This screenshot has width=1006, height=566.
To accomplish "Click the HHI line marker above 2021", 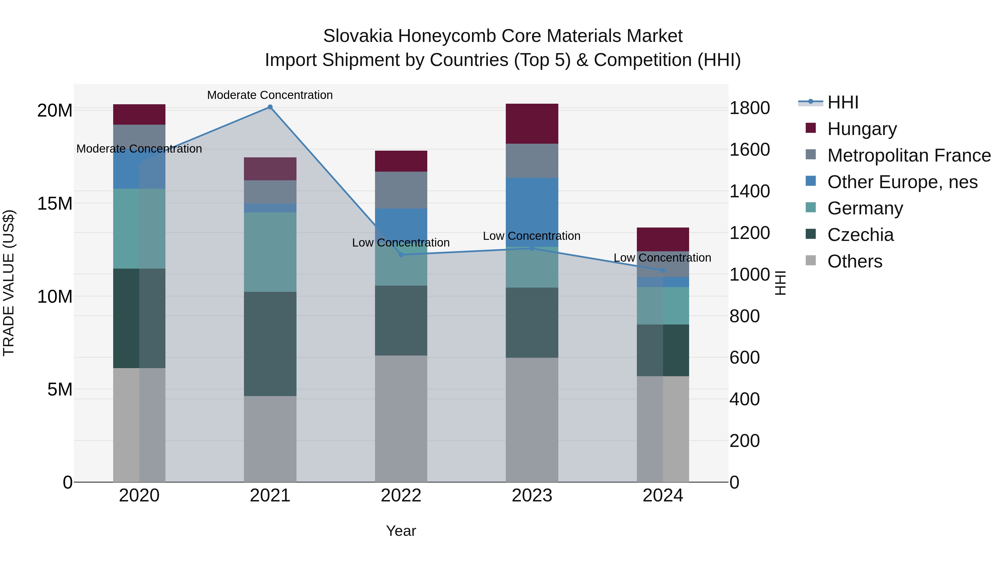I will [x=270, y=107].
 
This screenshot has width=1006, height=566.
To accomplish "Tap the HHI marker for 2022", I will [x=401, y=255].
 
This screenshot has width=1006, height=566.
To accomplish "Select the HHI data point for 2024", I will [x=663, y=270].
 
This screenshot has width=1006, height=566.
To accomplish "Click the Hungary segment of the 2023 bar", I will [x=532, y=124].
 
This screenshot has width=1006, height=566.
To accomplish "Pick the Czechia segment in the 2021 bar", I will [x=270, y=344].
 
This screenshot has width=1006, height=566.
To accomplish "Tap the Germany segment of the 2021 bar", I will [x=270, y=252].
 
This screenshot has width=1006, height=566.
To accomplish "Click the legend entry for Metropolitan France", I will [x=909, y=155].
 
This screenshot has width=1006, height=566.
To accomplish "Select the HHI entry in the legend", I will [x=843, y=102].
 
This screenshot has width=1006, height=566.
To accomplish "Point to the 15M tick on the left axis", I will [x=55, y=203].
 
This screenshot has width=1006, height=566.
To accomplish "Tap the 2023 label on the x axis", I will [x=532, y=496].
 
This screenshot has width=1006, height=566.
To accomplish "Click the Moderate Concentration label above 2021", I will [x=270, y=95].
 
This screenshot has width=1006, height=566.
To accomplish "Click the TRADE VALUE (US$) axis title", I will [x=9, y=283].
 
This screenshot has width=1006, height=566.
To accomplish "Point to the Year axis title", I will [x=401, y=531].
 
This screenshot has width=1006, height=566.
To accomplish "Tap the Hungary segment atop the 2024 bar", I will [x=663, y=239].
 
